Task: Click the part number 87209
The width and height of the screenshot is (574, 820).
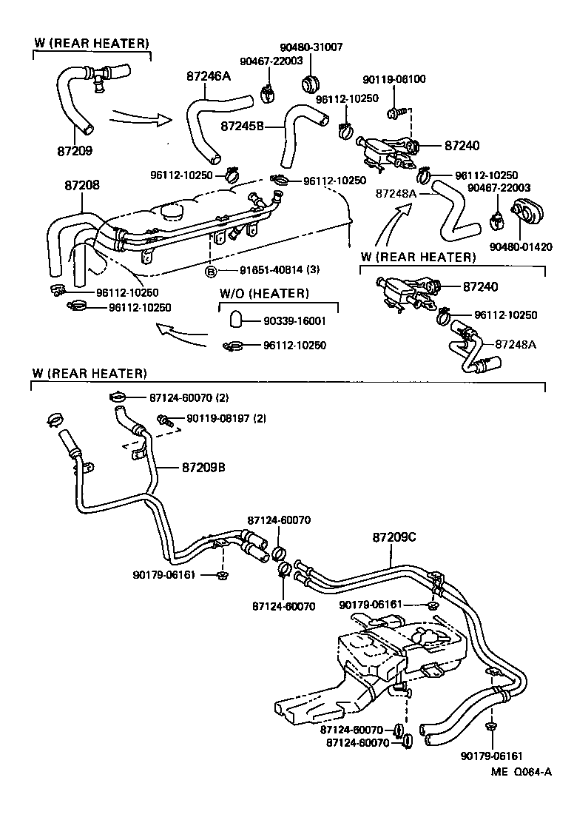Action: tap(75, 150)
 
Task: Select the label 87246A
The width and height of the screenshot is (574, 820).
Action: tap(210, 76)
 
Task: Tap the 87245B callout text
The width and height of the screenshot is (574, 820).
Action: tap(243, 126)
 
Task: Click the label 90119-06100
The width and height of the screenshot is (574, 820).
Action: tap(394, 79)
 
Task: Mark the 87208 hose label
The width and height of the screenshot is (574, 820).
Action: tap(78, 186)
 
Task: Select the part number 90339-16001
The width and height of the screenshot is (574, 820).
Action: tap(295, 321)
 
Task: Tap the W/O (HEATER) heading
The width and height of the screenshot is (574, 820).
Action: tap(264, 294)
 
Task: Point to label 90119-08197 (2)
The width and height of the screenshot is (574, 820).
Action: tap(226, 419)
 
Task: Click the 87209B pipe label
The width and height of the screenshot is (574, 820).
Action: tap(204, 468)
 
